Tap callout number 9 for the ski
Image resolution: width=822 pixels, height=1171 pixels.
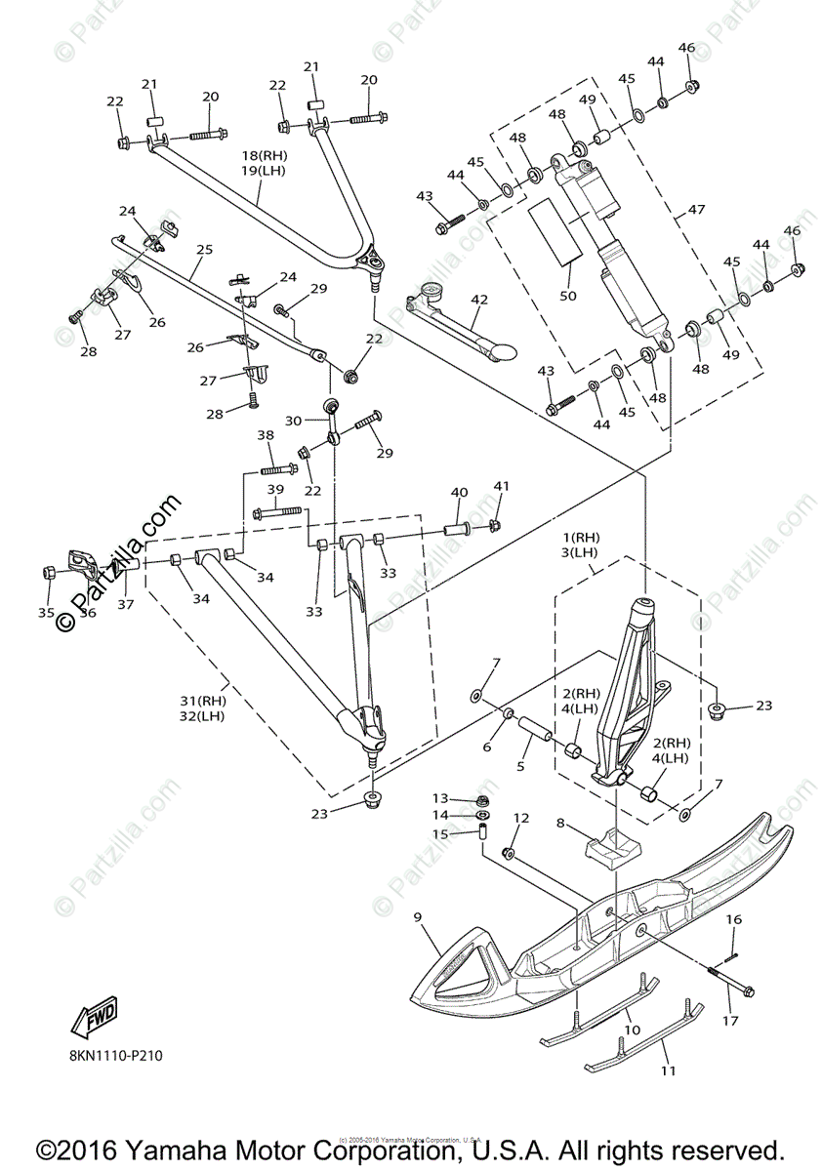pyautogui.click(x=417, y=917)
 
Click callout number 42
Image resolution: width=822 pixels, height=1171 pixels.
pyautogui.click(x=478, y=301)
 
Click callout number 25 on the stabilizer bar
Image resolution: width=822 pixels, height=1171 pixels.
pyautogui.click(x=203, y=250)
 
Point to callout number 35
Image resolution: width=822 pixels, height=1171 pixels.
pyautogui.click(x=46, y=613)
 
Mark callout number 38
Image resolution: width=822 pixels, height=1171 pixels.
pyautogui.click(x=266, y=435)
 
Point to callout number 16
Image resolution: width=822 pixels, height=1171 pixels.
pyautogui.click(x=734, y=919)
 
